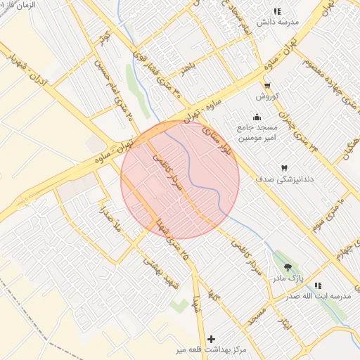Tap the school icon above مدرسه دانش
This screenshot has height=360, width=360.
pos(277,11)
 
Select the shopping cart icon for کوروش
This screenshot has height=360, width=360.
pos(266,85)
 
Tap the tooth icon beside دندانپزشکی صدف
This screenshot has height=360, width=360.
pos(284,168)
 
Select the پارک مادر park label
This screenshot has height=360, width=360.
pos(288,278)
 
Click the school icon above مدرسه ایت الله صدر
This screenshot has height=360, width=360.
pos(318,285)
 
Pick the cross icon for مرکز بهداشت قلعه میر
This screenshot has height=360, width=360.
pos(211,339)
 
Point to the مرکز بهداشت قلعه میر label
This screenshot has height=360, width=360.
pos(211,349)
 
